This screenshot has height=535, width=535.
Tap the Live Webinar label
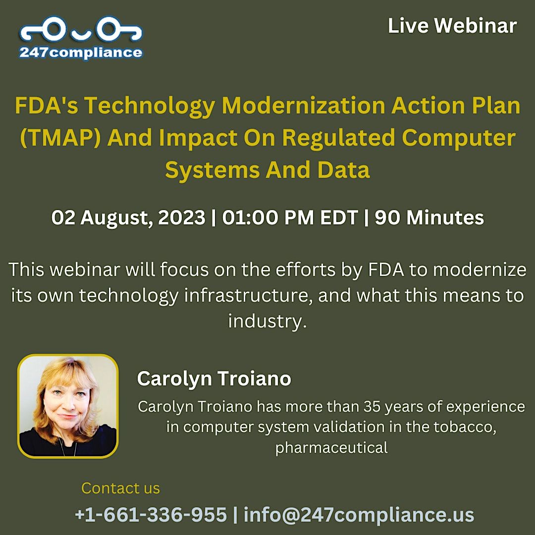[x=452, y=26]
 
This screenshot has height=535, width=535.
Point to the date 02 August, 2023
[x=128, y=218]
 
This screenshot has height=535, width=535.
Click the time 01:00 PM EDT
[x=290, y=218]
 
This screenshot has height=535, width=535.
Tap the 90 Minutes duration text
[x=429, y=218]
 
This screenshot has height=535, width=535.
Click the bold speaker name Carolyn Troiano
[x=214, y=379]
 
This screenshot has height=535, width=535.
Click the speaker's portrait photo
[x=68, y=406]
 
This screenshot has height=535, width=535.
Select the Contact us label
[x=120, y=488]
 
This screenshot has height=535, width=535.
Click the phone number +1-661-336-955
[x=151, y=515]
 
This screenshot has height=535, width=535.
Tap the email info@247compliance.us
[x=359, y=515]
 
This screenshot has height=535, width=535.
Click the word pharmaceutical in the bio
[x=331, y=448]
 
